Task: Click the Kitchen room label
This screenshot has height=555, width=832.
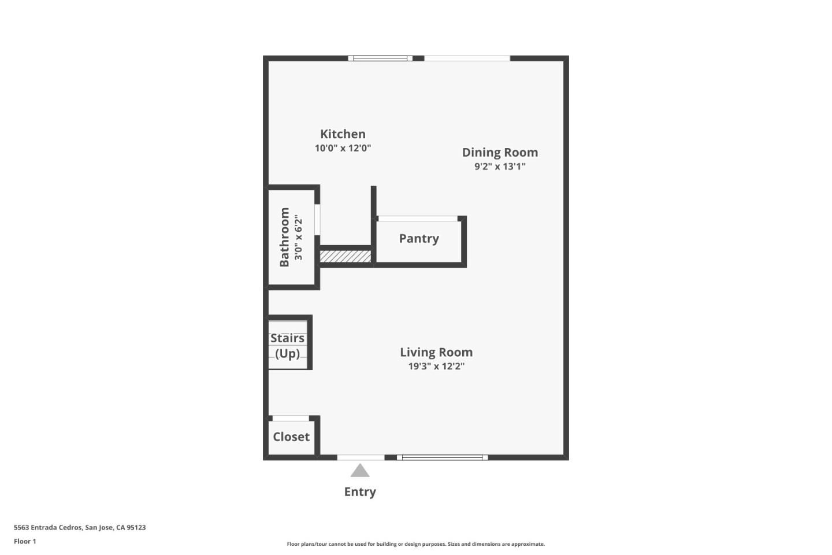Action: [343, 134]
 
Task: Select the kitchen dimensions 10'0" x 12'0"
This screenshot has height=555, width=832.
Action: [343, 148]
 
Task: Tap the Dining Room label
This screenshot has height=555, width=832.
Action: [500, 153]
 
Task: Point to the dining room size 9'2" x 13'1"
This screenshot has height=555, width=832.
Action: [500, 166]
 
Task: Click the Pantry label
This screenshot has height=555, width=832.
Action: [418, 238]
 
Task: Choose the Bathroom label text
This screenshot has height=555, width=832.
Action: [284, 237]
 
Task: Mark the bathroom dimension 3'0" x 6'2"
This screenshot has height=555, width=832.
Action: [298, 237]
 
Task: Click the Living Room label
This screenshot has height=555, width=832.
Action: [436, 352]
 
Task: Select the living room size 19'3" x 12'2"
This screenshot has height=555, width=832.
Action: [436, 366]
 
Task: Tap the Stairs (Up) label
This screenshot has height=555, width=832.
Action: [287, 346]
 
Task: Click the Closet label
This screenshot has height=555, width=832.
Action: [291, 437]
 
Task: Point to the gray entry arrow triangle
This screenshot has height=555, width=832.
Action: [359, 471]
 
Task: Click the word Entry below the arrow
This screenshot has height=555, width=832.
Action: [360, 492]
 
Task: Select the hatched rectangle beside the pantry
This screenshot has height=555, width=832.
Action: [346, 257]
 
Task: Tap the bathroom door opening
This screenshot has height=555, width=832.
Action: [317, 219]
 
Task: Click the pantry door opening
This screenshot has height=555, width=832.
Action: [418, 219]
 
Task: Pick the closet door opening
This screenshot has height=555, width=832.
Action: [291, 418]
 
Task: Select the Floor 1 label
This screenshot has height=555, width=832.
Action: [25, 541]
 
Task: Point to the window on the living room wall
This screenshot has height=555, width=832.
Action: [442, 458]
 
